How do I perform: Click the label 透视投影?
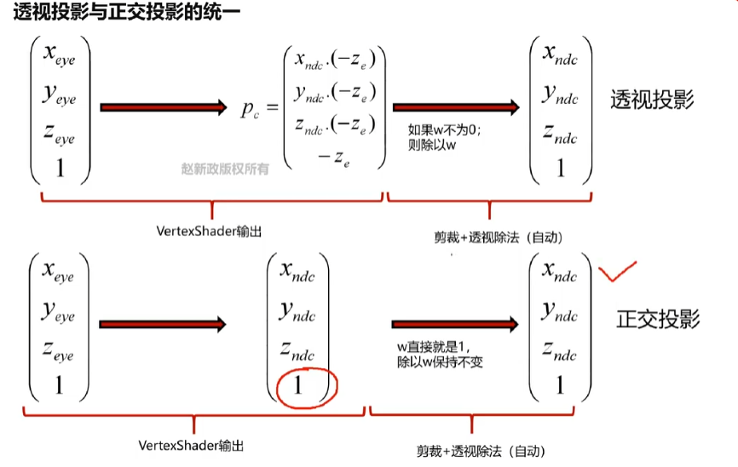click(652, 101)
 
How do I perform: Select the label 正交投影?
click(658, 320)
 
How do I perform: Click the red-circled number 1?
click(298, 385)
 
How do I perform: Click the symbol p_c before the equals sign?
click(251, 110)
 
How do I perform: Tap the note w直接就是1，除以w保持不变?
click(440, 355)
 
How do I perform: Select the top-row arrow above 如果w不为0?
click(456, 107)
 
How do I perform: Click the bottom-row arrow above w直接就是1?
click(456, 325)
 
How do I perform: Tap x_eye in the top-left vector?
click(59, 59)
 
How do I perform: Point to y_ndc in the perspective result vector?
click(560, 95)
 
